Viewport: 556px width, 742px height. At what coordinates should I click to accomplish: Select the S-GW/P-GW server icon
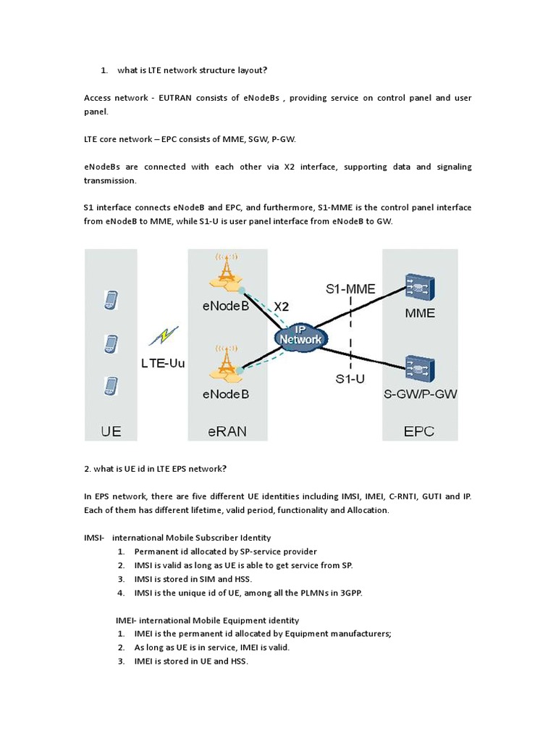(419, 369)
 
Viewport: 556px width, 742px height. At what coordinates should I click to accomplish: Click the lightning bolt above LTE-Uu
(164, 335)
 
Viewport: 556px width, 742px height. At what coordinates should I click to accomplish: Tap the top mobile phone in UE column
(111, 299)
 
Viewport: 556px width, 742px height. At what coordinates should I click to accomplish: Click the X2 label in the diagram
(282, 307)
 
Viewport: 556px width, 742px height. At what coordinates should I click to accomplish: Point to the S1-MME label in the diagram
(350, 288)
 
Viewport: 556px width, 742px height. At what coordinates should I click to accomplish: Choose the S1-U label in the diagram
(350, 378)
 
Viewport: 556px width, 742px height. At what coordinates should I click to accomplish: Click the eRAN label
(227, 431)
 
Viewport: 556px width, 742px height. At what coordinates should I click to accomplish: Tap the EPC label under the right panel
(419, 431)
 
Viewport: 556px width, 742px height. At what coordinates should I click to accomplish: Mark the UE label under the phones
(111, 431)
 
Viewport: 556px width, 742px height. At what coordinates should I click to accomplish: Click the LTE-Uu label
(162, 363)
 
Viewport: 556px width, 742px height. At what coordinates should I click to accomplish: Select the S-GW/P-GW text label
(421, 395)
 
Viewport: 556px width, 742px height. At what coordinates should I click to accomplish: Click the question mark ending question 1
(265, 70)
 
